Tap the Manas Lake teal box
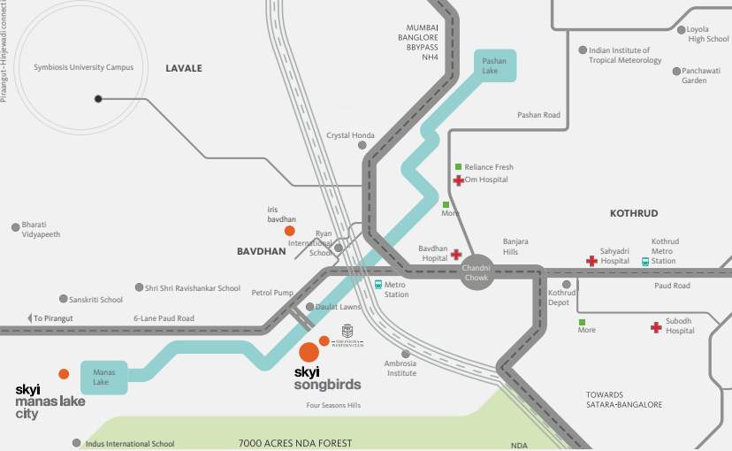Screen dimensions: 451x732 coord(103,377)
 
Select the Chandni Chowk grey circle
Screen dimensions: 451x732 coord(476,272)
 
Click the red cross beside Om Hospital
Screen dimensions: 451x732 coord(458,180)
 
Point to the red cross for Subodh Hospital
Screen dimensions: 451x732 coord(656,327)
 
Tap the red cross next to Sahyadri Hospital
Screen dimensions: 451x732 coord(591,261)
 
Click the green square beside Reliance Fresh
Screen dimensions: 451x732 coord(458,166)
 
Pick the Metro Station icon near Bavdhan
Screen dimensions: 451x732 coord(377,285)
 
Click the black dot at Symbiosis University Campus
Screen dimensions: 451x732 coord(98,99)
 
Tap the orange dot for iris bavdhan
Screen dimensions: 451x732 coord(290,231)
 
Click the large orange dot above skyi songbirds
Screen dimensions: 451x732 coord(309,351)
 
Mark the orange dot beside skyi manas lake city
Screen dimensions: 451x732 coord(64,374)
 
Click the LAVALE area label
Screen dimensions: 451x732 coord(184,68)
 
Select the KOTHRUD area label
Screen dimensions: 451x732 coord(634,213)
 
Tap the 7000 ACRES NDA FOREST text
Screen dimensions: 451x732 coord(295,443)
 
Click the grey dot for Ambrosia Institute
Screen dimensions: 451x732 coord(406,354)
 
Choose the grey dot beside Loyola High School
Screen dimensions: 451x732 coord(681,30)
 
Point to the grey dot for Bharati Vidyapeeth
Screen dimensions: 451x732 coord(15,227)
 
